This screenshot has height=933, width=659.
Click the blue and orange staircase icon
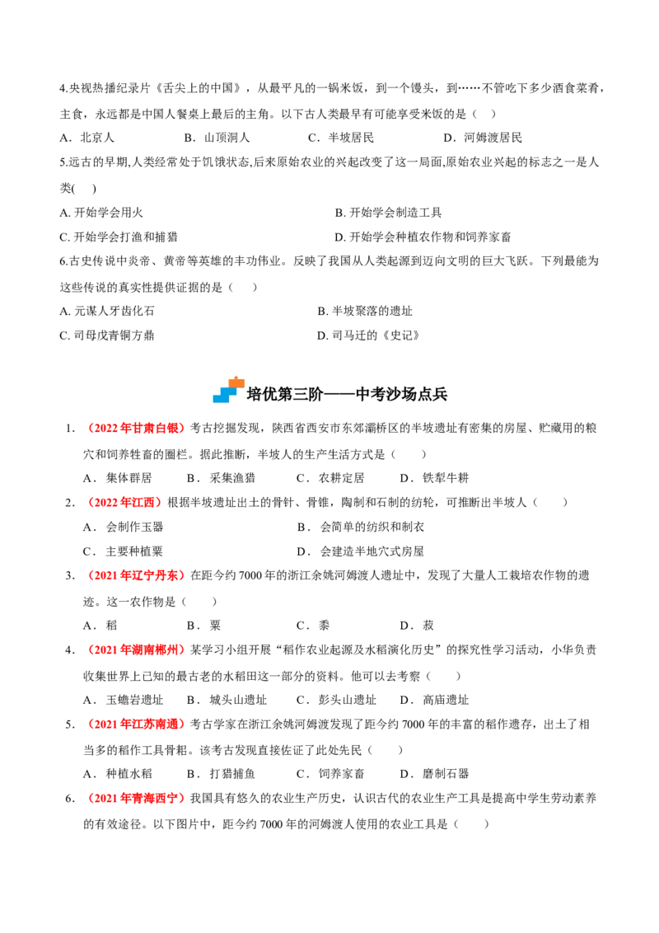coord(228,391)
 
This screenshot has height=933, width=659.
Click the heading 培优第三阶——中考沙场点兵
coord(347,394)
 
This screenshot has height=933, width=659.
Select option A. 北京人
coord(86,138)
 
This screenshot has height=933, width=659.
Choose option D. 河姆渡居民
coord(483,138)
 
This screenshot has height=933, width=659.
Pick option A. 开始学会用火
coord(101,213)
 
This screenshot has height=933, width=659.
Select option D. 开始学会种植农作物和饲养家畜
coord(423,237)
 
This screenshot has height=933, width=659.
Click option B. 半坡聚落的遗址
coord(365,311)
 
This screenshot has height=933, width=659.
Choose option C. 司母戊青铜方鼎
coord(107,335)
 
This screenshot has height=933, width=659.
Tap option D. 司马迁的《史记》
coord(369,335)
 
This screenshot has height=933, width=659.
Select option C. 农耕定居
coord(330,478)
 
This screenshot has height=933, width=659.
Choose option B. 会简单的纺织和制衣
coord(361,527)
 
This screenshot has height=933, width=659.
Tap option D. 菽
coord(418,626)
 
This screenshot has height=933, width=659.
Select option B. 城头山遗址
coord(227,700)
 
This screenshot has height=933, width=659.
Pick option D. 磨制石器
coord(435,774)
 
